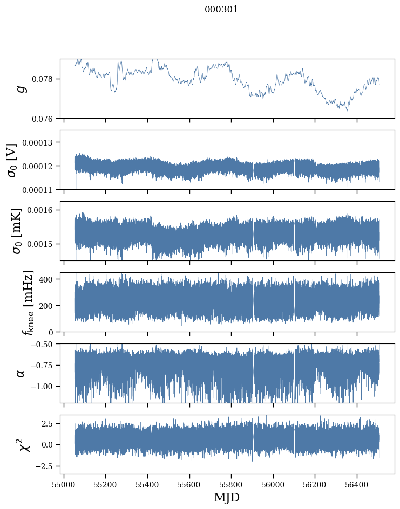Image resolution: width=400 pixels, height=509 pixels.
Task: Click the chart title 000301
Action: coord(221,9)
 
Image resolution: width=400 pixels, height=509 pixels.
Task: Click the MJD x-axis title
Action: coord(227,497)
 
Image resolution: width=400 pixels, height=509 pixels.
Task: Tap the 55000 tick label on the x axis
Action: coord(64,484)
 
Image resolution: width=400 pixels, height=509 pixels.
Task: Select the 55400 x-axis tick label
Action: coord(147,484)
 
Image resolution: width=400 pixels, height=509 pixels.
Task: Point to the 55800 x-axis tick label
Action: coord(231,484)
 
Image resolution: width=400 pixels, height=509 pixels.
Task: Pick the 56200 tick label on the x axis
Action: coord(315,484)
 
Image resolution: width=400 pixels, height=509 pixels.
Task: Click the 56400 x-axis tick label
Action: coord(356,484)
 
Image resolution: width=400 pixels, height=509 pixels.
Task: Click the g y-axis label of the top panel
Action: coord(22,88)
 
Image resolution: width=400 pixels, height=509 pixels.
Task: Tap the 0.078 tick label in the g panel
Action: coord(45,79)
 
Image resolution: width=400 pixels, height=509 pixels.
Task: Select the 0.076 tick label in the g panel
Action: coord(45,119)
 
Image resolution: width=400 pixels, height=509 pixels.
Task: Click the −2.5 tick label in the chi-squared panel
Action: coord(47,465)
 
